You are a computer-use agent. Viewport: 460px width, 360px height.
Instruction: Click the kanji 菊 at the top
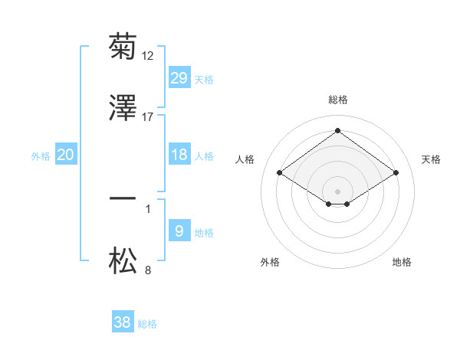click(x=123, y=47)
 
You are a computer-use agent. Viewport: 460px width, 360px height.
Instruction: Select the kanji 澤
click(x=123, y=109)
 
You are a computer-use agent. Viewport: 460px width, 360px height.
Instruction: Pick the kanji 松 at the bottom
click(x=123, y=261)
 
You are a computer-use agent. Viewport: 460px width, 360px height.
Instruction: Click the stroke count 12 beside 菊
click(x=148, y=55)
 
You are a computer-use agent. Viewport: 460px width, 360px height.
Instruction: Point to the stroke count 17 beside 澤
click(x=148, y=116)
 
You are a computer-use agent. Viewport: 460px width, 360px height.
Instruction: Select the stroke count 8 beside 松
click(x=148, y=270)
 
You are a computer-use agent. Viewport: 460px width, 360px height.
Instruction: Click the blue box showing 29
click(x=179, y=78)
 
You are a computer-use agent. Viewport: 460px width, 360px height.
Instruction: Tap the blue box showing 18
click(x=179, y=155)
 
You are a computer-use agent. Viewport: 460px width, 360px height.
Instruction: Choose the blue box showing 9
click(x=179, y=231)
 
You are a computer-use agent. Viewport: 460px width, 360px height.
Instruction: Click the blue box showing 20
click(x=66, y=155)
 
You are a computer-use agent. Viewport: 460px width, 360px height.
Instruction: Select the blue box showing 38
click(x=123, y=322)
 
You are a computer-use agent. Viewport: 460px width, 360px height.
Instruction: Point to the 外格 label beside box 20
click(x=41, y=155)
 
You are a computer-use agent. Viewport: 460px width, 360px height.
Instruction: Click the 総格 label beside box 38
click(x=147, y=324)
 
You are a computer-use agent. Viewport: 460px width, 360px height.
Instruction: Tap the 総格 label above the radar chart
click(x=338, y=100)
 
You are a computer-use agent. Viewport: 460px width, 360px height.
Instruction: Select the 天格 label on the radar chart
click(x=432, y=159)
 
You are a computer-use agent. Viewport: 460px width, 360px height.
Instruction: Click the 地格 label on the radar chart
click(x=402, y=262)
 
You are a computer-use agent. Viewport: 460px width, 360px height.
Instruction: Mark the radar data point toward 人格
click(x=280, y=173)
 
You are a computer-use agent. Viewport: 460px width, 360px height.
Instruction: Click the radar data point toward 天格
click(x=396, y=173)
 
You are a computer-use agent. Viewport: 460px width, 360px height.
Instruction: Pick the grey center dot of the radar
click(x=338, y=191)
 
